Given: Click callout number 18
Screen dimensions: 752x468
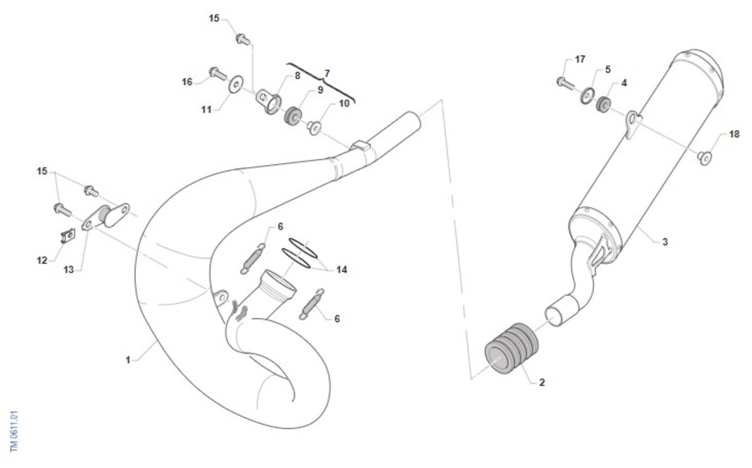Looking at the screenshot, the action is [x=734, y=135].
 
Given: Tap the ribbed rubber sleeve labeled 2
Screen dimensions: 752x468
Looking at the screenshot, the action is [x=511, y=348].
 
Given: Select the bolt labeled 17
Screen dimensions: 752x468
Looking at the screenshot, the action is [x=566, y=83].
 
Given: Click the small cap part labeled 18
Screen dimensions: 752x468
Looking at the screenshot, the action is [x=704, y=158].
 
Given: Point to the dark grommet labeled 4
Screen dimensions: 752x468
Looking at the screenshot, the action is [x=603, y=104].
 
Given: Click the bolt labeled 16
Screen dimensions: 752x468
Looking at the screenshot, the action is [x=218, y=73].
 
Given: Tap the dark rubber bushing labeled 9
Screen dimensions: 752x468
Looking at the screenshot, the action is [x=293, y=116].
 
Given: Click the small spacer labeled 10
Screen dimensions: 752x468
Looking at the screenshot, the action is [x=315, y=128].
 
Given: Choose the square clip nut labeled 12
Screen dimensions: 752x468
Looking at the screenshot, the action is [x=68, y=236].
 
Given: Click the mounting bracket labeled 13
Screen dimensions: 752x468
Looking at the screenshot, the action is [x=105, y=217].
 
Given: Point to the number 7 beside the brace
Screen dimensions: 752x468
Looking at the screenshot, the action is [x=327, y=73].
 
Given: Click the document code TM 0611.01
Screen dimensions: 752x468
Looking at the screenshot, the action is [x=14, y=431].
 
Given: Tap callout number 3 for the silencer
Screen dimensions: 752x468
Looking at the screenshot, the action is [x=665, y=242].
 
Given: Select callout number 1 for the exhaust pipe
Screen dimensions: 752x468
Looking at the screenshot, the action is [x=128, y=360].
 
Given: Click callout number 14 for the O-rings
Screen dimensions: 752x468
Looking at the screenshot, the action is [x=342, y=270].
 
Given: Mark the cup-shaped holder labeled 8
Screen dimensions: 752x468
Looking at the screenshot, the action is [x=269, y=100].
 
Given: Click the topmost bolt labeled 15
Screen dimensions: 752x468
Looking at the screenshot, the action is [x=243, y=39].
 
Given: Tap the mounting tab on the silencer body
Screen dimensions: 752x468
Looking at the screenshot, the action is [x=633, y=123].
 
